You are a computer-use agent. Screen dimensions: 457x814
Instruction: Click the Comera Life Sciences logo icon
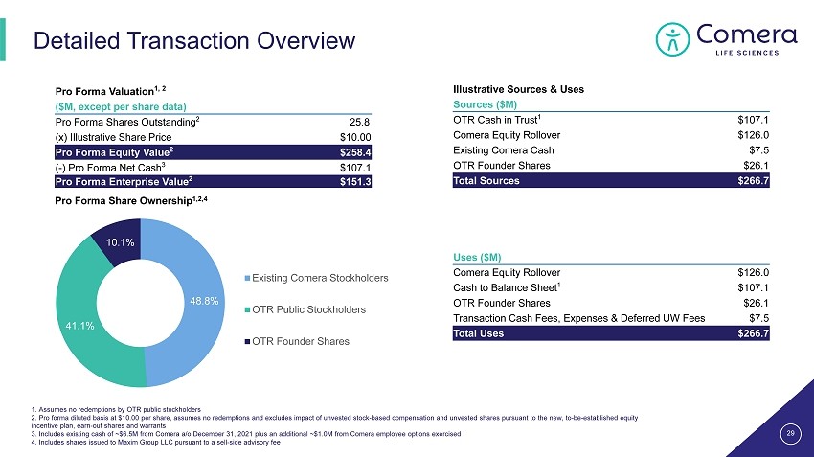672,37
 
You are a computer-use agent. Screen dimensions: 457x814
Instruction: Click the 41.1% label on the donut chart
79,326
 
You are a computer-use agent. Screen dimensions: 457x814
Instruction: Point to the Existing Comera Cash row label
503,150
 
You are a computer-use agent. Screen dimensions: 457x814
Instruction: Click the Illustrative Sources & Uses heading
517,89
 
